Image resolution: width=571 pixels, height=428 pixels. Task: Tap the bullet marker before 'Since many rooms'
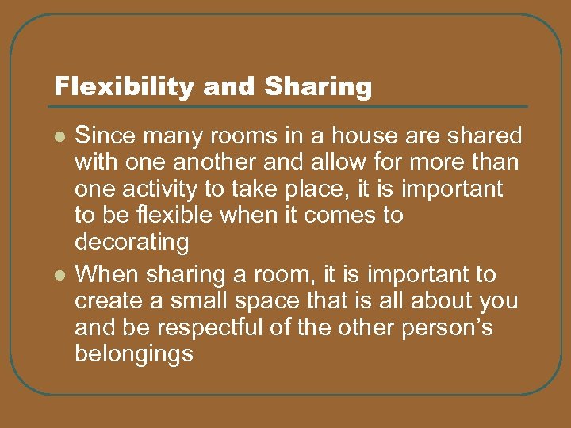(59, 136)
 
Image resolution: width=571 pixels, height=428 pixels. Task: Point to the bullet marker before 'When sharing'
(59, 275)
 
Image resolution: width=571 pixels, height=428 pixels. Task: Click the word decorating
(131, 241)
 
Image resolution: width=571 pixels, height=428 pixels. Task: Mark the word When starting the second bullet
(106, 275)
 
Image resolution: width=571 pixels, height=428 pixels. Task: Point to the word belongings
(133, 353)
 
